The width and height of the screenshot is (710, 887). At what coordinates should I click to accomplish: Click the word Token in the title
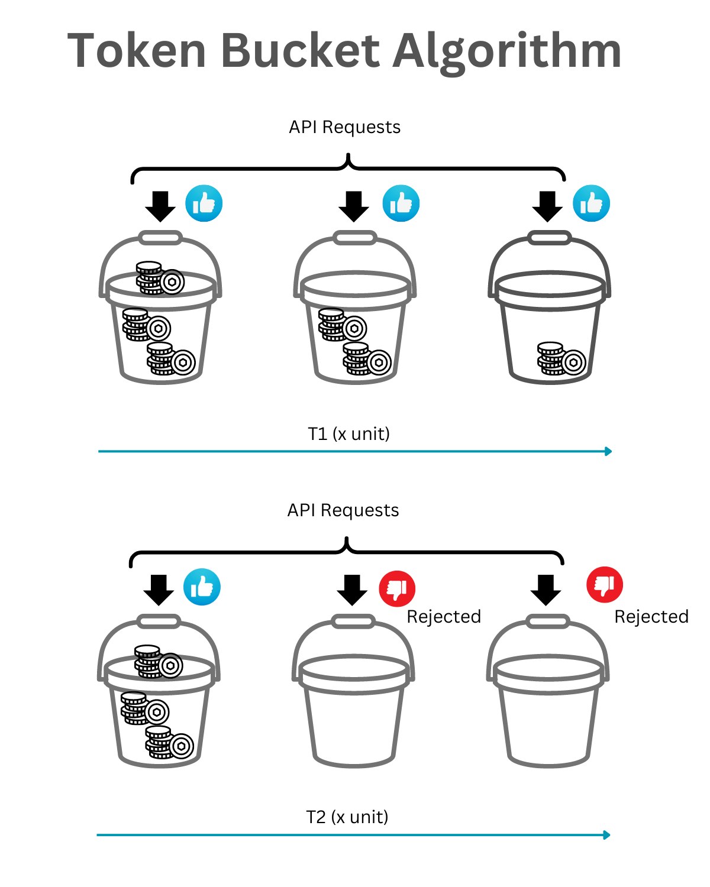pos(137,51)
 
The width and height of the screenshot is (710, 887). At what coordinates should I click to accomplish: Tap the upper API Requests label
pos(344,127)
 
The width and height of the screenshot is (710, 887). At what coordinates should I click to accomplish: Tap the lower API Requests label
pos(343,510)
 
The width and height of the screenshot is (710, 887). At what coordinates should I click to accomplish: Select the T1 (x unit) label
pos(348,434)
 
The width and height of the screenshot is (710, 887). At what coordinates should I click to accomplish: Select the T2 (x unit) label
pos(347,817)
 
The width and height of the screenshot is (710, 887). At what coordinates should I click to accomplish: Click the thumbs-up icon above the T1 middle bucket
pos(401,203)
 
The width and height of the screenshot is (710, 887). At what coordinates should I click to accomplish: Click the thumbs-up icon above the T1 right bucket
pos(591,203)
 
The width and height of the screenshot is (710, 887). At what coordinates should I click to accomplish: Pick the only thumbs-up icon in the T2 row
pos(202,587)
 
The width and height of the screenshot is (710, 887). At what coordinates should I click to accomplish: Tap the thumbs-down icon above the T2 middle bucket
pos(397,588)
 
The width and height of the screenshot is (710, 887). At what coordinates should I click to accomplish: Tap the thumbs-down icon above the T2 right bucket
pos(604,584)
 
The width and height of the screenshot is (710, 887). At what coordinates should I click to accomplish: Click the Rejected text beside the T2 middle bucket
pos(444,617)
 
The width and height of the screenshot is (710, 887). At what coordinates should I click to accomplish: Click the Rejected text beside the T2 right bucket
pos(651,617)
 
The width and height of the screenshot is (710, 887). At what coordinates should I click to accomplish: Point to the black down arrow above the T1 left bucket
pos(160,206)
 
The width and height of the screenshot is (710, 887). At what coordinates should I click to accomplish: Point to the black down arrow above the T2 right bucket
pos(546,590)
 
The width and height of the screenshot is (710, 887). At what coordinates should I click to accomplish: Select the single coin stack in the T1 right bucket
pos(561,359)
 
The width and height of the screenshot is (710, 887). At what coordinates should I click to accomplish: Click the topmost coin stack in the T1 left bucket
pos(160,278)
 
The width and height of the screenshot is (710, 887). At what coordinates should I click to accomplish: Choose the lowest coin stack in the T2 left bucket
pos(169,743)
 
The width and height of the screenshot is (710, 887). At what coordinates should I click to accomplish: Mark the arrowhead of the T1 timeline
pos(608,451)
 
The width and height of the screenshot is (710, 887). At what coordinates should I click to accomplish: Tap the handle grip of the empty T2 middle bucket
pos(353,621)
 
